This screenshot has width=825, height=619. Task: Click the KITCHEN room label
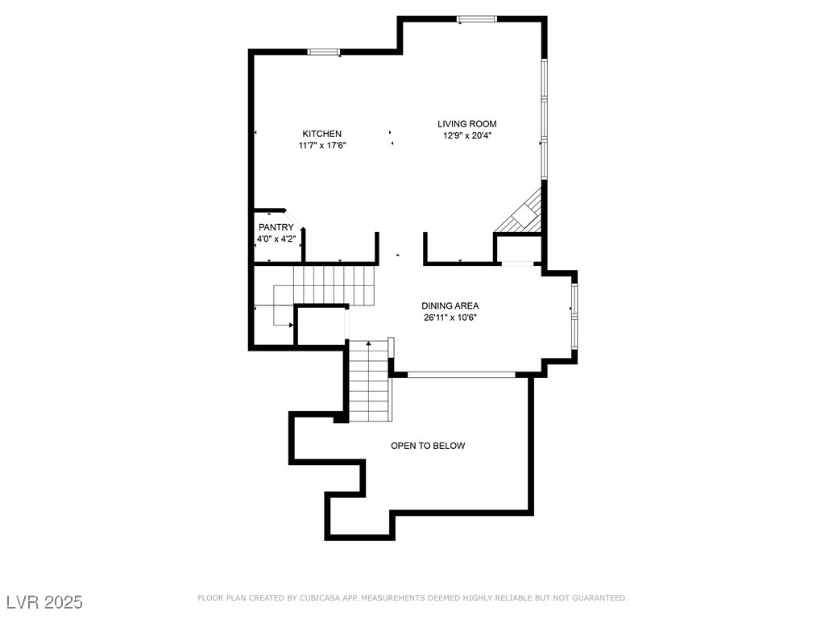(x=321, y=134)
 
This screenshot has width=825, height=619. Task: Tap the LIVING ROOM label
(x=466, y=123)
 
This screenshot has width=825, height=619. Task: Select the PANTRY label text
(x=276, y=227)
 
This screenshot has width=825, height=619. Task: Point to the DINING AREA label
(x=450, y=305)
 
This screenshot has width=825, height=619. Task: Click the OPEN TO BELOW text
(x=428, y=446)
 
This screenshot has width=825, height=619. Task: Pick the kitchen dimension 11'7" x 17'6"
(x=322, y=145)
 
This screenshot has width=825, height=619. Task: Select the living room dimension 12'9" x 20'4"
(x=467, y=135)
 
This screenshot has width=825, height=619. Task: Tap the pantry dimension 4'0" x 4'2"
(x=276, y=239)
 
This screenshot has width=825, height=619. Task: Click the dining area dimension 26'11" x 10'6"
(x=450, y=318)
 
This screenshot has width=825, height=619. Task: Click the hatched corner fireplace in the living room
(x=524, y=214)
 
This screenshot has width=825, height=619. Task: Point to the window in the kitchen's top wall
(x=324, y=52)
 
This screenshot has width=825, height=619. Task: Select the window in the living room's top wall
(x=477, y=19)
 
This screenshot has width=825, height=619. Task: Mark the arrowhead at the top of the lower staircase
(x=369, y=343)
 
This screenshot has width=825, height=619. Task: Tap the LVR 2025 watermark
(x=45, y=602)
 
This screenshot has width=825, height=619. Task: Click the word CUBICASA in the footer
(x=318, y=598)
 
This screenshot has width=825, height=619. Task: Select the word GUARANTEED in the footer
(x=599, y=598)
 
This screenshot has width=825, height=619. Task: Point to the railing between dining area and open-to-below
(x=462, y=375)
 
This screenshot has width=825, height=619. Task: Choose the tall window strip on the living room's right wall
(x=544, y=118)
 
